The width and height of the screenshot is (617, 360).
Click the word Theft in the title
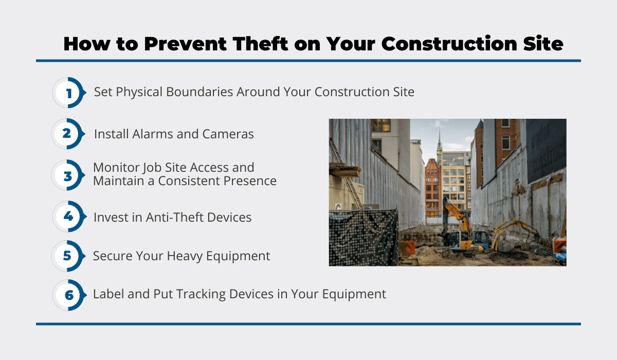click(260, 44)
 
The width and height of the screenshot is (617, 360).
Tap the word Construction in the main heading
click(449, 44)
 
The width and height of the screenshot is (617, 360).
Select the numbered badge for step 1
click(69, 93)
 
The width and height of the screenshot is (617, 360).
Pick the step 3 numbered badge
click(68, 175)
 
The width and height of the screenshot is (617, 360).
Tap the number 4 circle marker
click(69, 217)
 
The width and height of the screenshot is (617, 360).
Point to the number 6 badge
click(69, 295)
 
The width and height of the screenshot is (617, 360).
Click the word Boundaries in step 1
click(199, 92)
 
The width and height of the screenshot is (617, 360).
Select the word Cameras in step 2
click(228, 134)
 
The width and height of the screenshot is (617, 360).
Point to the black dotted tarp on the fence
click(364, 238)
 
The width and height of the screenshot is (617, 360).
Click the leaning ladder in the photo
click(346, 173)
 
